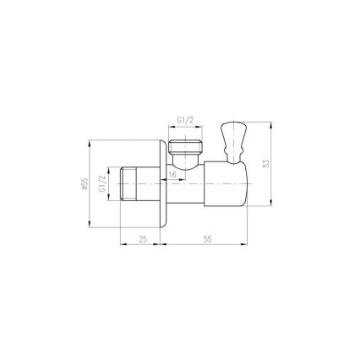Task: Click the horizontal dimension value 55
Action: (x=206, y=239)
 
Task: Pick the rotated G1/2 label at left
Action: (x=103, y=183)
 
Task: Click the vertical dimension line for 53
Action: (x=272, y=169)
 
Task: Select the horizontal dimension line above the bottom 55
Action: (x=207, y=246)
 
